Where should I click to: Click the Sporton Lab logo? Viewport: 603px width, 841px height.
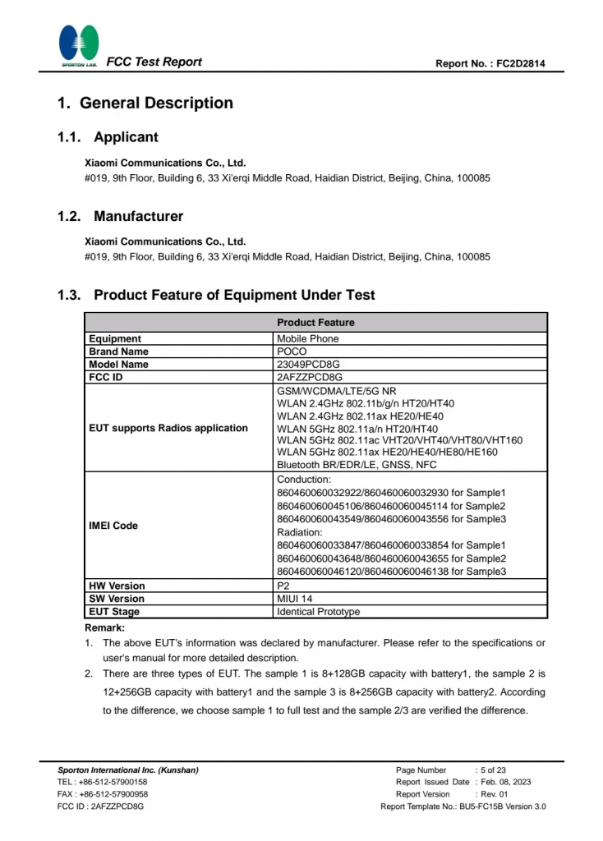[79, 46]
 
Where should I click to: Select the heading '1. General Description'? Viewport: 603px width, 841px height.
[145, 103]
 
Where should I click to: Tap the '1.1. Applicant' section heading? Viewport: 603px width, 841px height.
[108, 137]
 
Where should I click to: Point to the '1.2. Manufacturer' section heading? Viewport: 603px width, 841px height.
[121, 217]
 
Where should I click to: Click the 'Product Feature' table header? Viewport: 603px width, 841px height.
[315, 323]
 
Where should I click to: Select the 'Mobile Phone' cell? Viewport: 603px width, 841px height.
[307, 338]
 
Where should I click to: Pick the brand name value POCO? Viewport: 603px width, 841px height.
[292, 352]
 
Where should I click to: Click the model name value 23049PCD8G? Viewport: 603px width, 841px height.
[309, 364]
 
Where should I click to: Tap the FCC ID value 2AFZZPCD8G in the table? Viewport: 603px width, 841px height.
[310, 377]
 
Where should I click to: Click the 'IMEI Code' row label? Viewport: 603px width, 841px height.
[113, 526]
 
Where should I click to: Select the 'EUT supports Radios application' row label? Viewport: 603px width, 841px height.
[168, 428]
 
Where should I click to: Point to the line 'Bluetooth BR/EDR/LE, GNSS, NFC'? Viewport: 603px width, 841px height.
[357, 465]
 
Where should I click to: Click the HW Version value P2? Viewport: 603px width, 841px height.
[283, 586]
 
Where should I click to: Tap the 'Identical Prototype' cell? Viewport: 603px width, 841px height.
[318, 612]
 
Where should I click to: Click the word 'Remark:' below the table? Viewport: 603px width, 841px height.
[104, 627]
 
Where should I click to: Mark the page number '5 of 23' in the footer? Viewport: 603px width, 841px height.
[494, 770]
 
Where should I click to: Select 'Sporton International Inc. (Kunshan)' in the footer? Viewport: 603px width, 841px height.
[128, 770]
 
